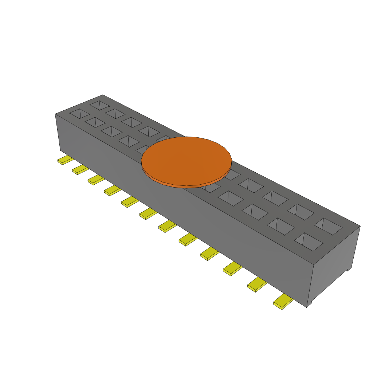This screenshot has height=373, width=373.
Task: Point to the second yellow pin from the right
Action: tap(256, 284)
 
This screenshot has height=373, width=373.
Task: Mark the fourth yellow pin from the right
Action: tap(209, 254)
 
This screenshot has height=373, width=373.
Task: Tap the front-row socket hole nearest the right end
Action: tap(308, 242)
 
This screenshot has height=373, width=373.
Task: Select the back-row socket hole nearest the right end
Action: tap(328, 226)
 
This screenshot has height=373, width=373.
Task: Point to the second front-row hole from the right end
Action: tap(280, 226)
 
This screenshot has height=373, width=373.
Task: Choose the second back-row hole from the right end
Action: tap(301, 212)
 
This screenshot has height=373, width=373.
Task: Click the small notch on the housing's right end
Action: tap(348, 270)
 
